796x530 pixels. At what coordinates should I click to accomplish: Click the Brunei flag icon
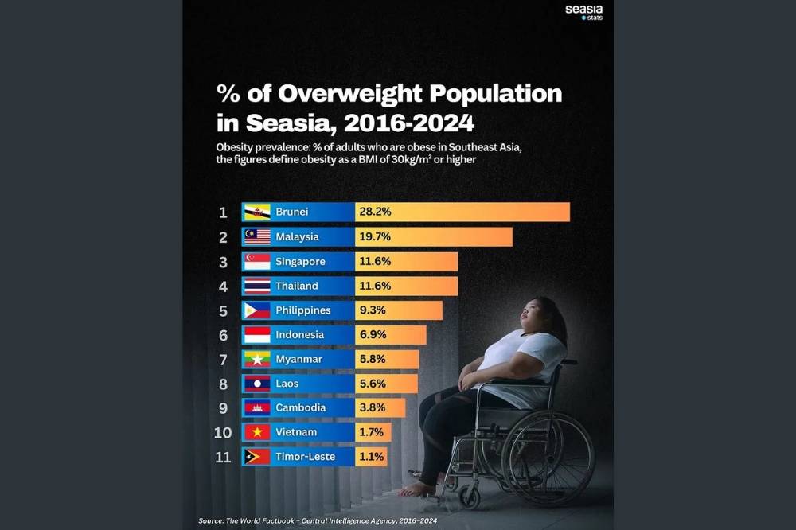coord(257,212)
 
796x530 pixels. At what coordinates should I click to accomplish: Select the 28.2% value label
coord(375,212)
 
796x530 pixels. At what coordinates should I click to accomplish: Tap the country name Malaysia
coord(297,237)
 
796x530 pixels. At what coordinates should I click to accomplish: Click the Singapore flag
coord(257,262)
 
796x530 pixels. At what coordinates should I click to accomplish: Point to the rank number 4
coord(224,286)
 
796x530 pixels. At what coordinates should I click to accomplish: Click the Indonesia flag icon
coord(257,335)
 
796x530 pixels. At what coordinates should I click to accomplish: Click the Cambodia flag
coord(257,408)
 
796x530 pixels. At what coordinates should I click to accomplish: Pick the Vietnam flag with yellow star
coord(257,432)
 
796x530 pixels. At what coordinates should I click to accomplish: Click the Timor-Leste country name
coord(306,457)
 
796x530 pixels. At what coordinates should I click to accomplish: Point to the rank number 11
coord(223,457)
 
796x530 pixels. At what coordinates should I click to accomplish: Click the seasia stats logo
coord(583,12)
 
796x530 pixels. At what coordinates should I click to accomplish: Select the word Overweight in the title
coord(349,94)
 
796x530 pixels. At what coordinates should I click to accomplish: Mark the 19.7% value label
coord(375,237)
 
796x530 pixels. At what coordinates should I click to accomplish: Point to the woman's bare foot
coord(419,489)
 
